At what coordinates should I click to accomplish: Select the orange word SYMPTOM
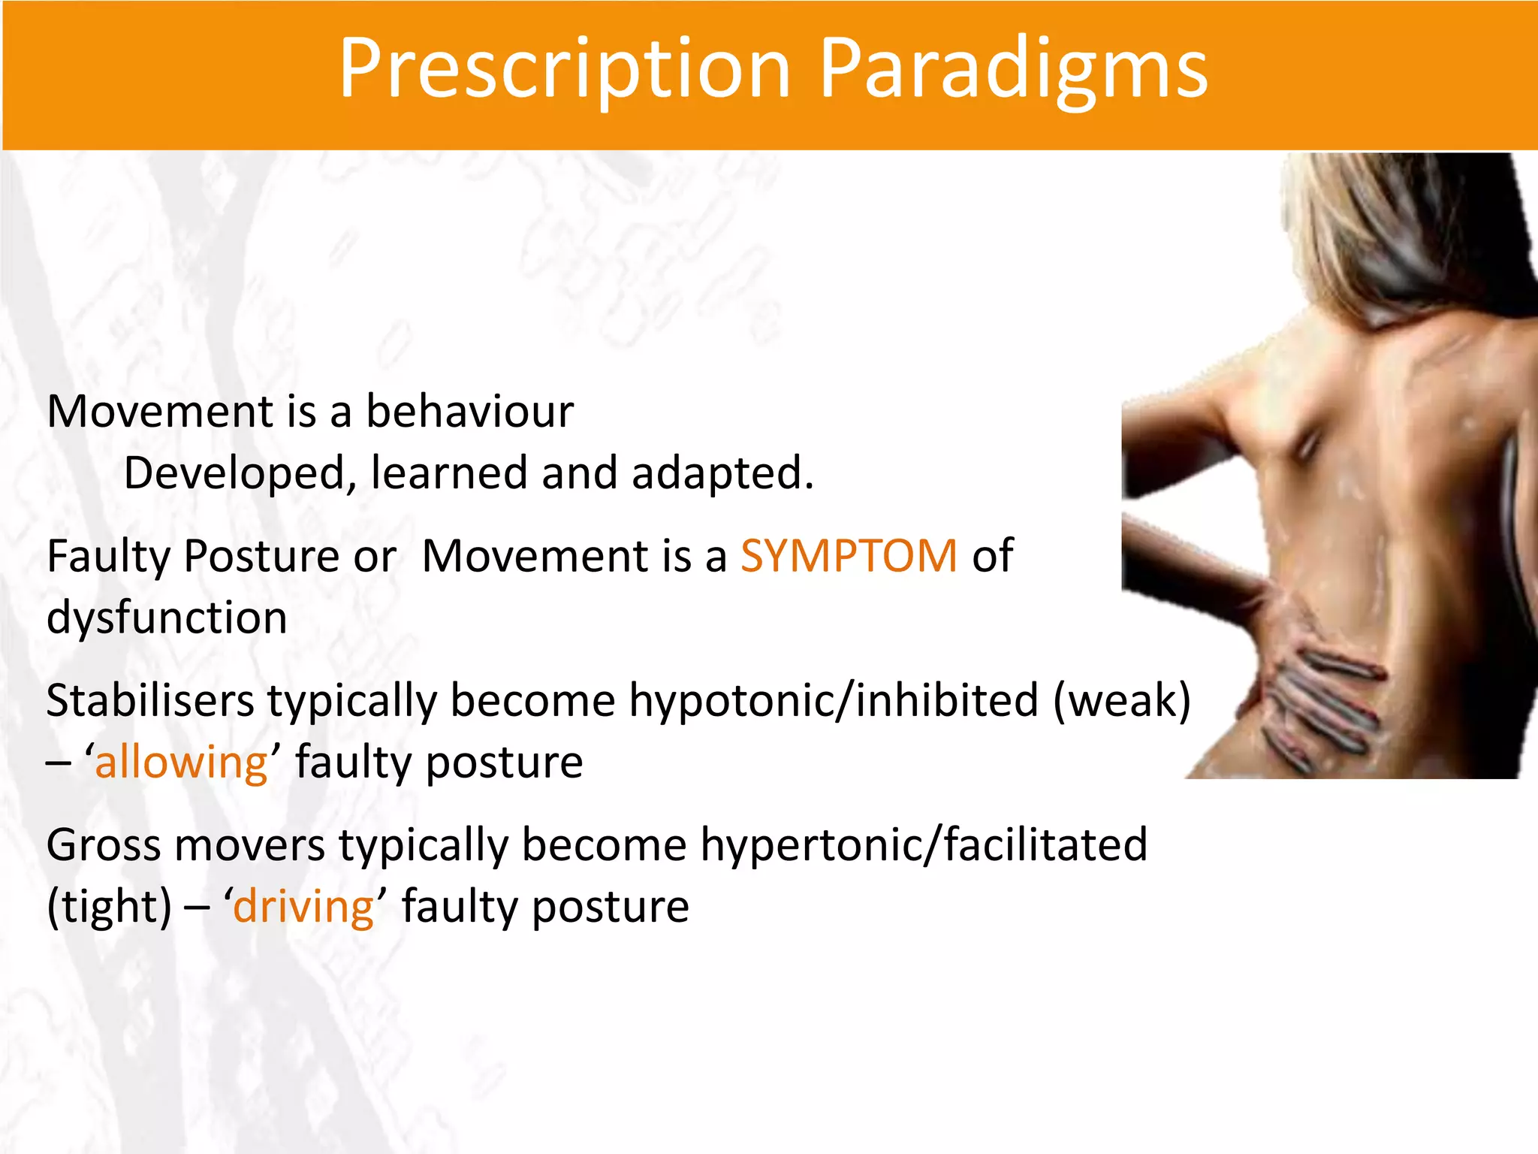pos(849,556)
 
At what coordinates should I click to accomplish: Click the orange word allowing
pos(181,762)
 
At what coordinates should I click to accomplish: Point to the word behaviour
pos(469,412)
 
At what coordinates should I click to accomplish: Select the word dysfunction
pos(167,618)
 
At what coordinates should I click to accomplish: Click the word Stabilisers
pos(150,700)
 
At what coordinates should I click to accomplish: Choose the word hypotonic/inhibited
pos(834,700)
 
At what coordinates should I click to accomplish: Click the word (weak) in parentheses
pos(1122,700)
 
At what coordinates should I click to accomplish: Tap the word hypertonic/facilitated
pos(924,844)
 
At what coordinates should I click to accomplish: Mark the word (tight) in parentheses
pos(110,906)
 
